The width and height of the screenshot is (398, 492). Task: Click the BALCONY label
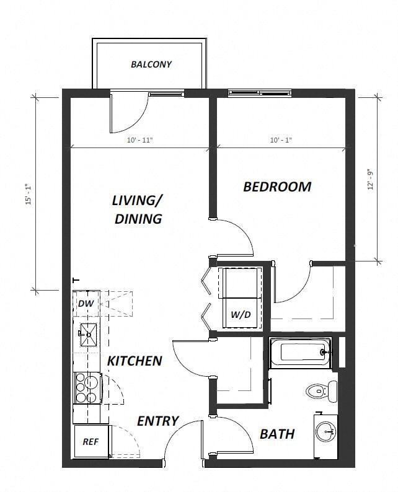click(151, 64)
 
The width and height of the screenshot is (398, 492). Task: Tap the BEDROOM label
click(276, 187)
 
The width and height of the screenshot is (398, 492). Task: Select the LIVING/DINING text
click(138, 209)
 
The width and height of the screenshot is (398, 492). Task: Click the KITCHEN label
click(135, 361)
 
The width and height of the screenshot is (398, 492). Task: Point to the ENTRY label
click(157, 421)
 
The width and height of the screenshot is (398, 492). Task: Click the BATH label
click(276, 434)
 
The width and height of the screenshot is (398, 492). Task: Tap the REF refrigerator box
click(90, 442)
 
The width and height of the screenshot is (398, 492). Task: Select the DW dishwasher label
click(85, 303)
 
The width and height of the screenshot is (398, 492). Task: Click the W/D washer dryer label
click(241, 315)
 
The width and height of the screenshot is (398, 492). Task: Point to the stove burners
click(87, 387)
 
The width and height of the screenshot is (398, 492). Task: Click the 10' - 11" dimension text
click(139, 141)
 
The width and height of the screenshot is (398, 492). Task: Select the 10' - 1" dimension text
click(281, 141)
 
